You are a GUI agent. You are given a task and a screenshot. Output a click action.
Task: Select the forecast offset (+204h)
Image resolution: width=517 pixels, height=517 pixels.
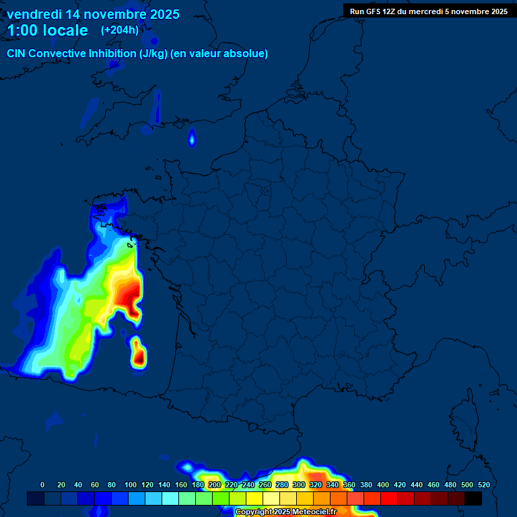coord(119,30)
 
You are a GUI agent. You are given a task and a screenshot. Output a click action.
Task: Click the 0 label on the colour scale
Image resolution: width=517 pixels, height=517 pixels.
coord(42,485)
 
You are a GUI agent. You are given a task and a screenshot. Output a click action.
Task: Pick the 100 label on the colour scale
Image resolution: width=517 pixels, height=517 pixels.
coord(131,485)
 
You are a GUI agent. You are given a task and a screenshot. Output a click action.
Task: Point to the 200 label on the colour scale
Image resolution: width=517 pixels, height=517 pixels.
coord(215,485)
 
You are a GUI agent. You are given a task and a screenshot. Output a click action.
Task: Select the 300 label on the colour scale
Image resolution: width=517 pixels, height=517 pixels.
coord(299,485)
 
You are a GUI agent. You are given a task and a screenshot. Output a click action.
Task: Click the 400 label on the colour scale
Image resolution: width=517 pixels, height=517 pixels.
coord(383,485)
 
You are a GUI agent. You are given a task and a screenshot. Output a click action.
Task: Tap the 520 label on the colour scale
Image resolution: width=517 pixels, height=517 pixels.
coord(483,485)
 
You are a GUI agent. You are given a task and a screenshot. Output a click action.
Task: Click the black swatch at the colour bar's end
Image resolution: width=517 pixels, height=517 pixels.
coord(473,498)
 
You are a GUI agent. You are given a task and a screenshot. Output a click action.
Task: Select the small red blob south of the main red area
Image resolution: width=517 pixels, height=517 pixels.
coord(139,355)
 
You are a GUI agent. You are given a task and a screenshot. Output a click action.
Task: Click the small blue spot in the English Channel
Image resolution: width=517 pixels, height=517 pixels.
coord(192,139)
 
